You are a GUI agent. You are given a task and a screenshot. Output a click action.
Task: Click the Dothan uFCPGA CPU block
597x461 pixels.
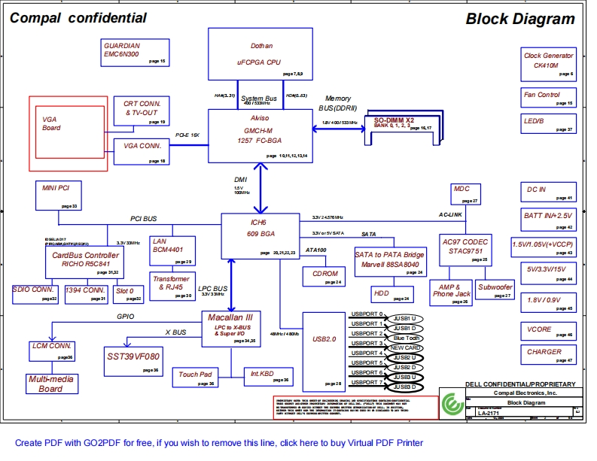click(x=260, y=53)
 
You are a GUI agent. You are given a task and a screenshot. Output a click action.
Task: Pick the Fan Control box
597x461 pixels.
click(x=549, y=98)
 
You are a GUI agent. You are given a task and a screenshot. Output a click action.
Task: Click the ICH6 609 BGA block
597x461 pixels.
click(x=259, y=235)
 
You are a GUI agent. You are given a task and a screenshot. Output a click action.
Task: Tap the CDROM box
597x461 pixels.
click(x=324, y=276)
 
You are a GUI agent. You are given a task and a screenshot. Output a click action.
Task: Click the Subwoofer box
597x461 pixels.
click(x=495, y=291)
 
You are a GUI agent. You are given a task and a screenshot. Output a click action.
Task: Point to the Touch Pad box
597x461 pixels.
click(x=195, y=378)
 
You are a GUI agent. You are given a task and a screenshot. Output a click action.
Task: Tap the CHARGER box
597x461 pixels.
click(x=549, y=355)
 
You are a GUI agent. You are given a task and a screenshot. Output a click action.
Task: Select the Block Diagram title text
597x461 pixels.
click(x=519, y=19)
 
